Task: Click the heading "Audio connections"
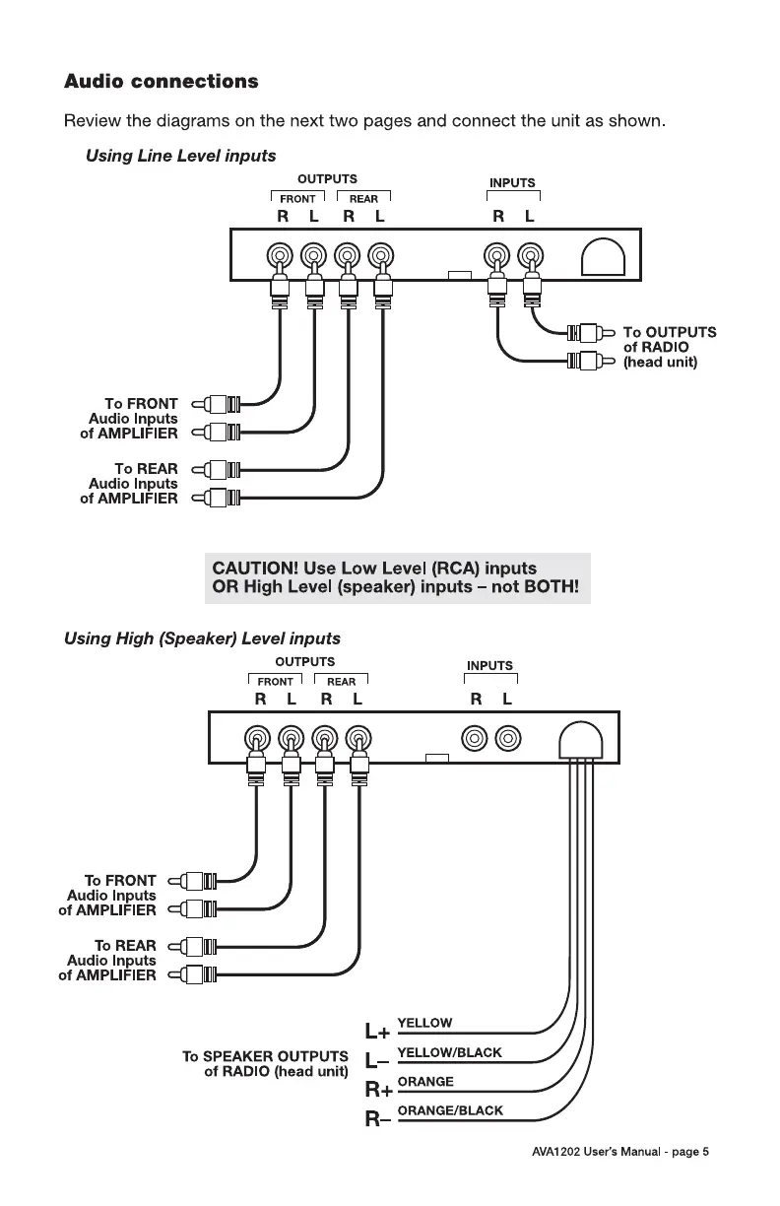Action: (161, 81)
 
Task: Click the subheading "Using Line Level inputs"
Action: (180, 156)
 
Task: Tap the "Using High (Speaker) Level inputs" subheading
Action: (202, 638)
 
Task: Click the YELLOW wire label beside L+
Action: (424, 1024)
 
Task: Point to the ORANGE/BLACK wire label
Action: (449, 1110)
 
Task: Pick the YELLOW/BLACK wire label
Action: (449, 1052)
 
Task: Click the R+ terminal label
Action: (378, 1091)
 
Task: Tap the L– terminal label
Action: (376, 1062)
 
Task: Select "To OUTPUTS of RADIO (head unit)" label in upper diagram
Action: (670, 347)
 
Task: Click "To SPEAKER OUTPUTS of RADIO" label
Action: (265, 1064)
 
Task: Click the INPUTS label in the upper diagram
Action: (512, 182)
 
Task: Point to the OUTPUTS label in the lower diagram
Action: (304, 661)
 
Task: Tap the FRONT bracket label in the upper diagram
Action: (297, 199)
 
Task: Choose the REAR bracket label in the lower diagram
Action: (341, 682)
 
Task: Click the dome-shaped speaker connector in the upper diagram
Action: (604, 260)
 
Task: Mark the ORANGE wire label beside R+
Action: (424, 1082)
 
